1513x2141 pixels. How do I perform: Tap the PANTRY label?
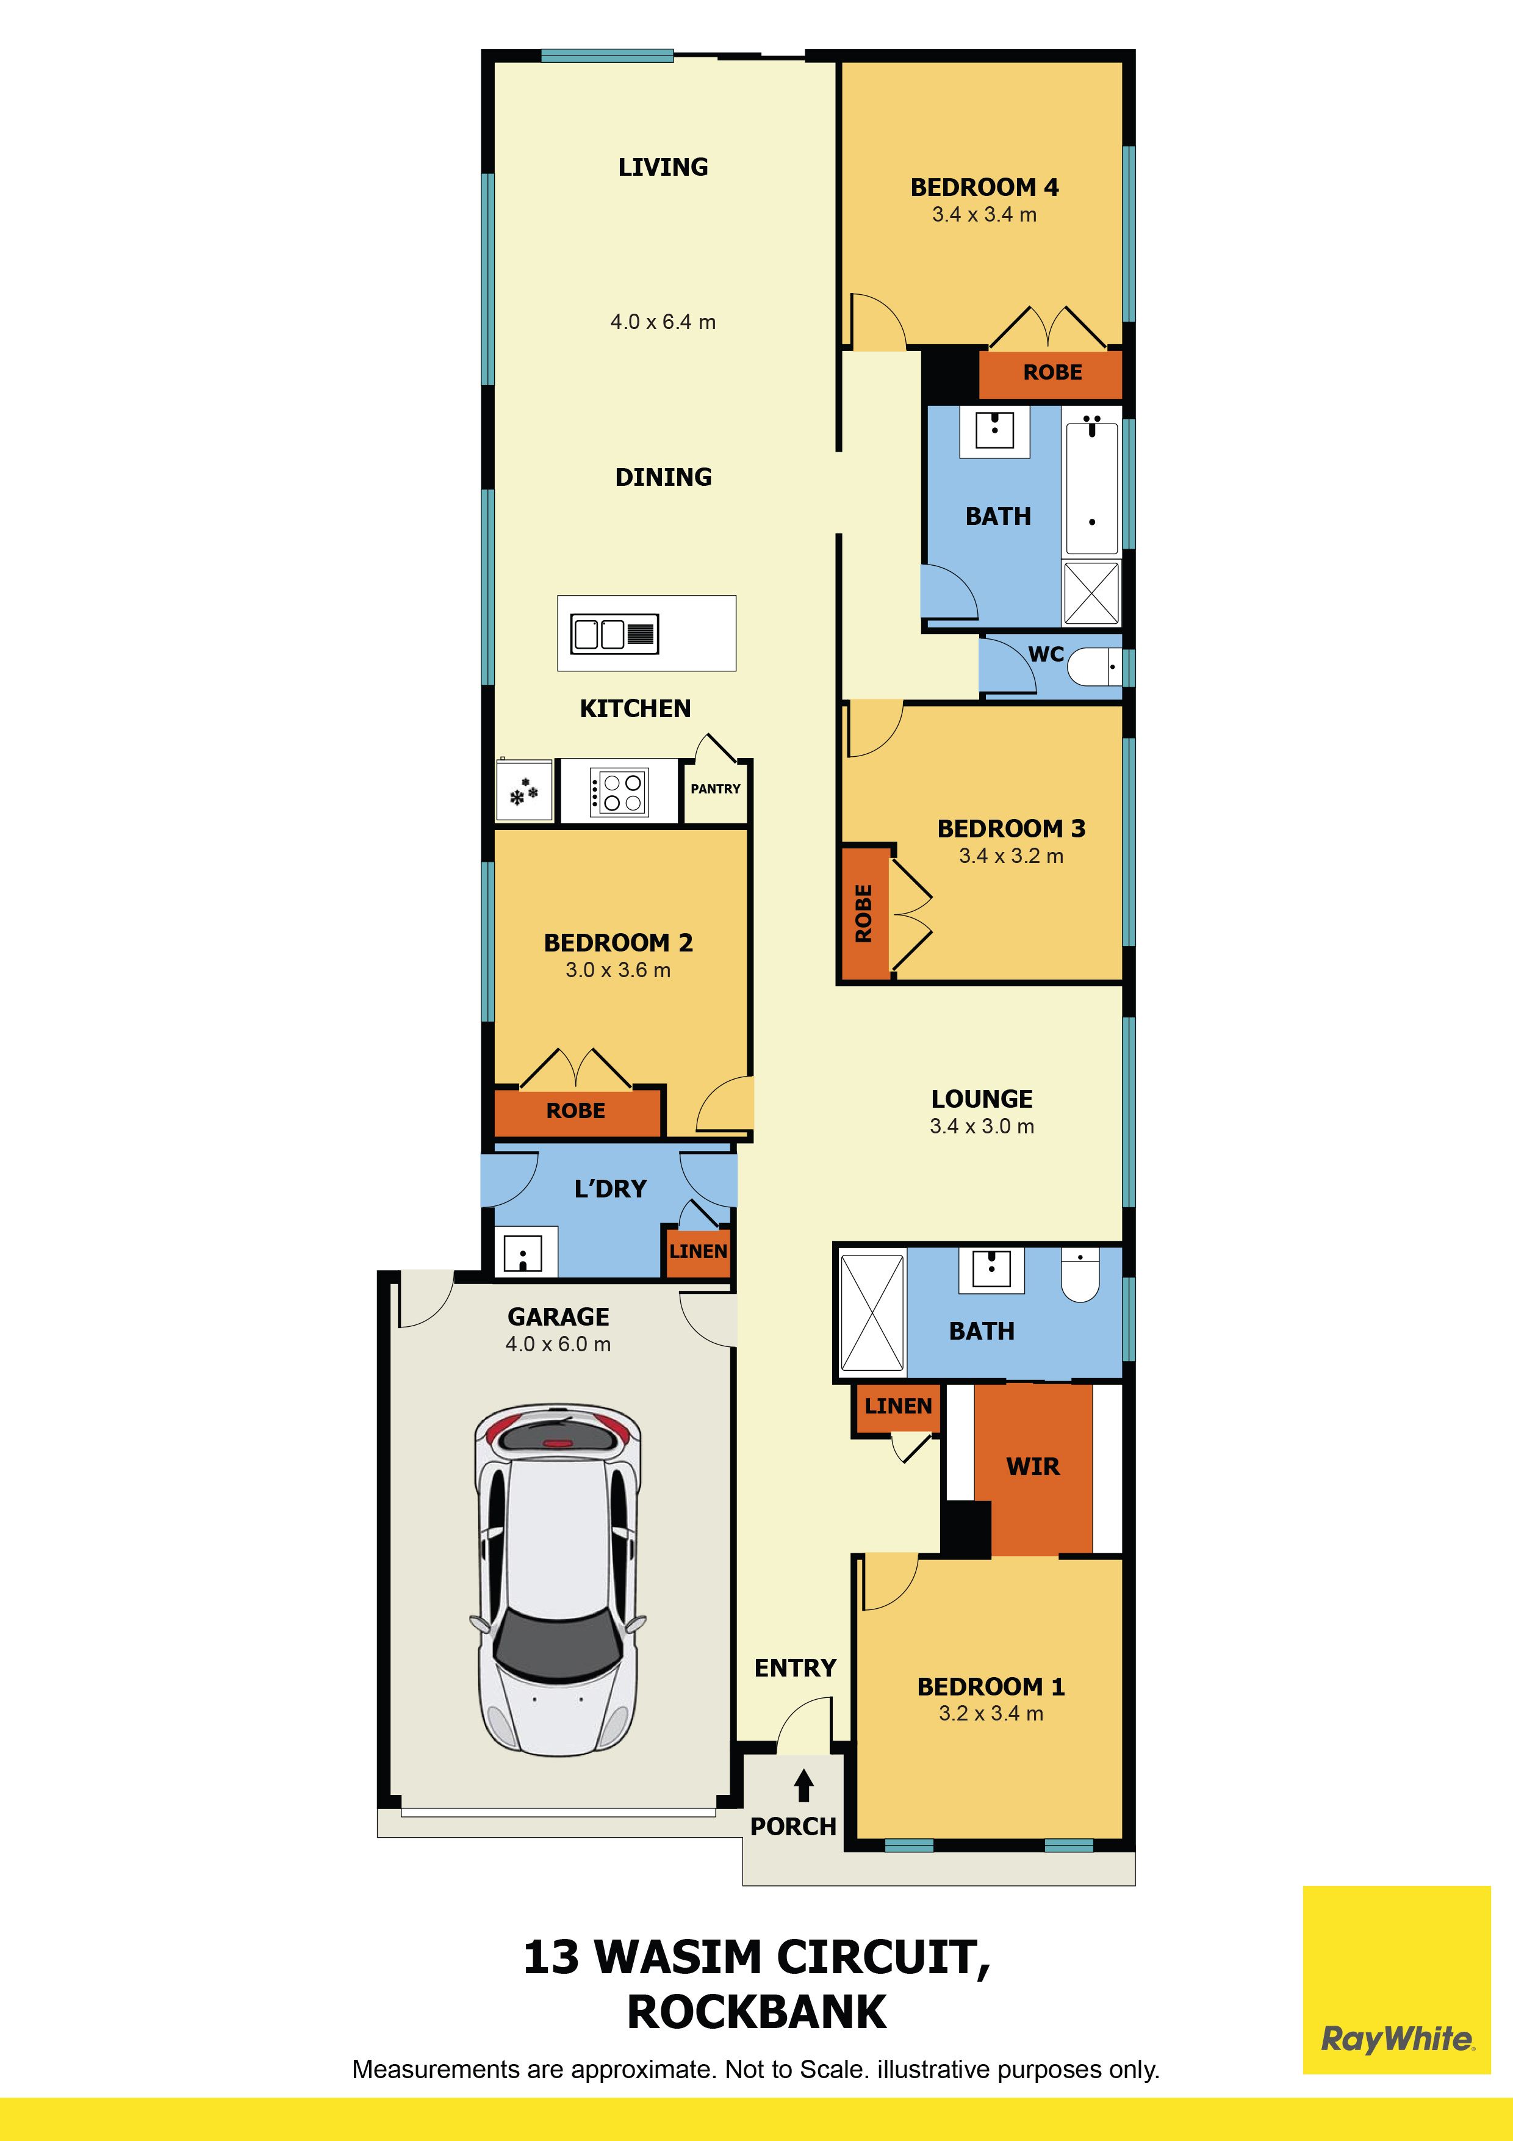click(x=715, y=789)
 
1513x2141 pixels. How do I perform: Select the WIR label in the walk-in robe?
click(x=1033, y=1467)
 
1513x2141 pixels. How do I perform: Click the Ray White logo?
click(x=1396, y=2039)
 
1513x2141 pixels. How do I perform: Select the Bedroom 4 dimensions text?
click(x=985, y=214)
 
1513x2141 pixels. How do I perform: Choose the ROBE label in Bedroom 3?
click(x=863, y=913)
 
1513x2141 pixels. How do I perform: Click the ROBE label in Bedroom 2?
click(x=575, y=1111)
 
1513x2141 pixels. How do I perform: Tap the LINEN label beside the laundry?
click(x=697, y=1251)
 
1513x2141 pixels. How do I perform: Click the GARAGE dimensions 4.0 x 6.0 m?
click(x=558, y=1344)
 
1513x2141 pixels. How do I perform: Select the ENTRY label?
click(x=795, y=1667)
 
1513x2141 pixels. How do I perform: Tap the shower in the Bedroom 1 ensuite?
click(x=872, y=1312)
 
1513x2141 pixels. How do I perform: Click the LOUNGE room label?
click(x=982, y=1099)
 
